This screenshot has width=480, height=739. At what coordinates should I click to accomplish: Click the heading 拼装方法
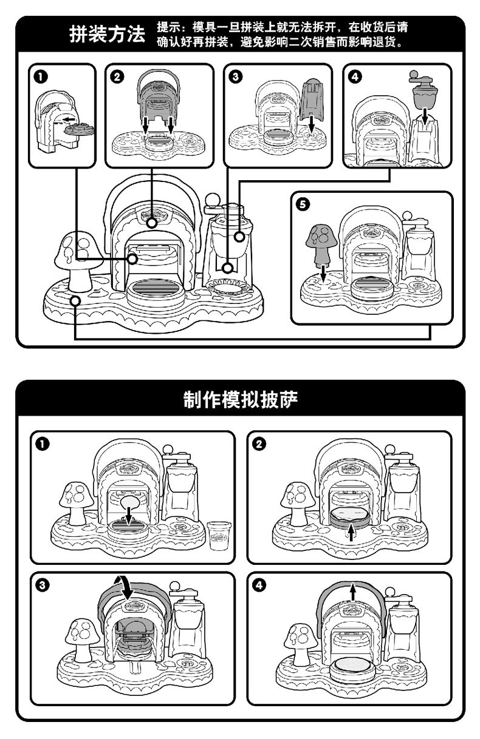(106, 35)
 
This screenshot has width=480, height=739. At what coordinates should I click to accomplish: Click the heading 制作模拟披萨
(241, 400)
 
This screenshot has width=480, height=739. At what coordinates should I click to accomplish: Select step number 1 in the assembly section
(41, 76)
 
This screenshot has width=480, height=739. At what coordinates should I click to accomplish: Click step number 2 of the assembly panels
(117, 76)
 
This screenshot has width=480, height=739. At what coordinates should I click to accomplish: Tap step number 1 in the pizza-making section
(41, 444)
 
